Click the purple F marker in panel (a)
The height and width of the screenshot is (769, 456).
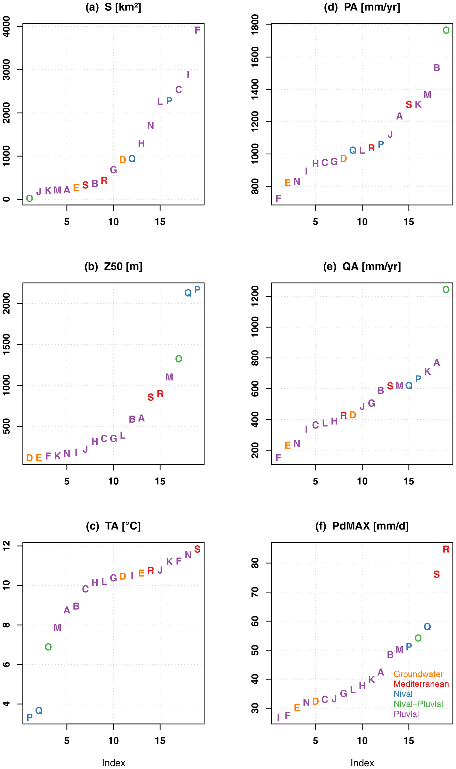[197, 30]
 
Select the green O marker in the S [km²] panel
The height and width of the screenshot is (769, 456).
[30, 198]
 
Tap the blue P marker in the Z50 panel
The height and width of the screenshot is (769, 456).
[197, 289]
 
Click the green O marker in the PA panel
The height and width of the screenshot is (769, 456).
[446, 30]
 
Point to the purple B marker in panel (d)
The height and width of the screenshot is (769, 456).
[437, 68]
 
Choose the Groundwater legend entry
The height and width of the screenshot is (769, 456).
[418, 674]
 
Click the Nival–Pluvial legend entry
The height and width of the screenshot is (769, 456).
[418, 704]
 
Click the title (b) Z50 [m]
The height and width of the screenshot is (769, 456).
[113, 266]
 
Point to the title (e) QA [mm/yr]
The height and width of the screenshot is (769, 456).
[362, 266]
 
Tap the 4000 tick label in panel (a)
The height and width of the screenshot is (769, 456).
[6, 27]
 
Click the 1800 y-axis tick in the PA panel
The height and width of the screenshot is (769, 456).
[255, 25]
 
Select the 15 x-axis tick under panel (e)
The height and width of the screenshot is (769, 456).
[409, 481]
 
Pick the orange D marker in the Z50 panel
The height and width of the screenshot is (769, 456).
[30, 458]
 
